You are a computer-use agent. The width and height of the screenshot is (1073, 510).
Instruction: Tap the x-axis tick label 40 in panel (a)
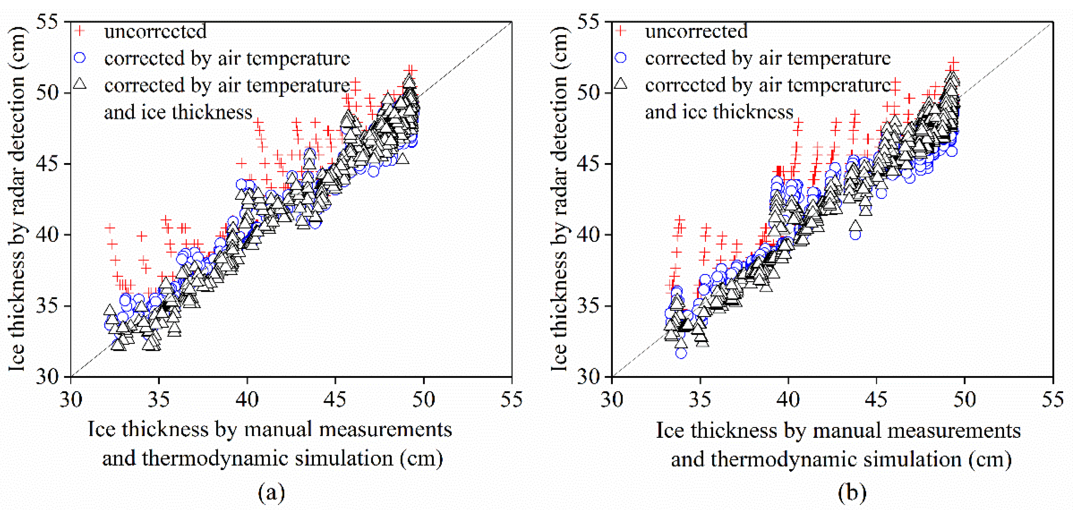tap(247, 400)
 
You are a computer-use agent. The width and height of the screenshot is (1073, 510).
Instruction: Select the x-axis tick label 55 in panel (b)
tap(1053, 400)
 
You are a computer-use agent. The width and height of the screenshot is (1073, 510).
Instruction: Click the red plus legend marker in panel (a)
tap(79, 31)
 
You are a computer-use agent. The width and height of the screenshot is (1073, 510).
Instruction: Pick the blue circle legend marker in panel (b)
tap(621, 57)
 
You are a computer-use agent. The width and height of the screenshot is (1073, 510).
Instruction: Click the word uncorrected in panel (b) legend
tap(696, 31)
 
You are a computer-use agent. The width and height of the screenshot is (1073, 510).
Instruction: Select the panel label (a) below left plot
tap(271, 493)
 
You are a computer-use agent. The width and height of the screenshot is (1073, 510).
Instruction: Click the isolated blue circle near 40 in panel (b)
tap(855, 234)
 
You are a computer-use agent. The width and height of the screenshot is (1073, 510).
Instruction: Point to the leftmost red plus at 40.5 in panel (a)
tap(110, 228)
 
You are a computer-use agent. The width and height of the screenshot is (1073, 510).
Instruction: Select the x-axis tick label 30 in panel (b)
tap(612, 400)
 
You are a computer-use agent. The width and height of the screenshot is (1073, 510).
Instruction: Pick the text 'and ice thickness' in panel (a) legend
tap(178, 112)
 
